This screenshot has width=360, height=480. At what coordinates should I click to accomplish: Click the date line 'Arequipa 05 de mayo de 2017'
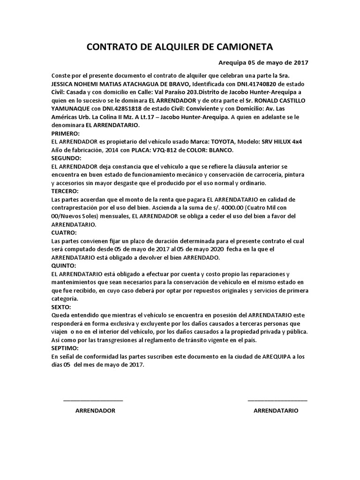coord(263,62)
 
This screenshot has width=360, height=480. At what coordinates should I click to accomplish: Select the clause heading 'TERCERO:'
coord(65,191)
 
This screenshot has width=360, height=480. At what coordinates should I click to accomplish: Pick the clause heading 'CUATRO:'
coord(64,232)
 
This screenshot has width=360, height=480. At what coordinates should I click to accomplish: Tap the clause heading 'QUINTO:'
coord(63,265)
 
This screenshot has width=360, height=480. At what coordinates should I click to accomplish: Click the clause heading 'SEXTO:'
coord(61,307)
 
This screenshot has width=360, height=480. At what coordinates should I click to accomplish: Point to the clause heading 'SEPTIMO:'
coord(65,348)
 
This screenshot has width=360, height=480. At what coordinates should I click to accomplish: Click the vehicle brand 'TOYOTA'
coord(222,142)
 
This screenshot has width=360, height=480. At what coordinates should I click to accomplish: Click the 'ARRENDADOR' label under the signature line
coord(95,410)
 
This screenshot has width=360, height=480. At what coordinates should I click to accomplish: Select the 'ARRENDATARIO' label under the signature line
coord(276,410)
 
